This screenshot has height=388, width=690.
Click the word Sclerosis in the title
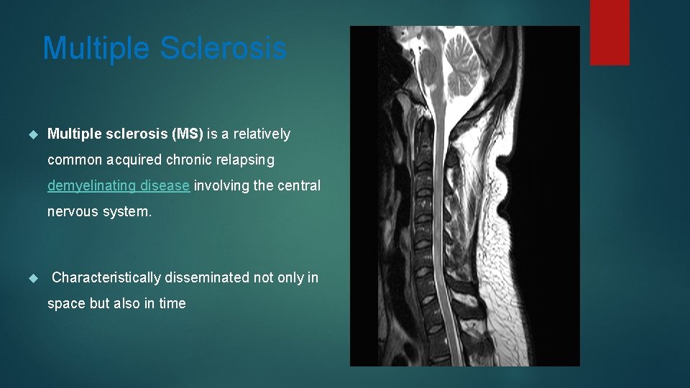pyautogui.click(x=223, y=49)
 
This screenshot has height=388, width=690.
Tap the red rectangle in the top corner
pyautogui.click(x=609, y=32)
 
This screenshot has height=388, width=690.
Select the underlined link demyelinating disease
pyautogui.click(x=119, y=185)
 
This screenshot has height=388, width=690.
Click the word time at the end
pyautogui.click(x=172, y=303)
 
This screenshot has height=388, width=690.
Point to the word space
pyautogui.click(x=66, y=303)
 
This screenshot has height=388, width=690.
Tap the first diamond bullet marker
pyautogui.click(x=32, y=134)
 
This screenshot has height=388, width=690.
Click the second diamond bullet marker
pyautogui.click(x=32, y=278)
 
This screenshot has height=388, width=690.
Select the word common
pyautogui.click(x=75, y=160)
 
